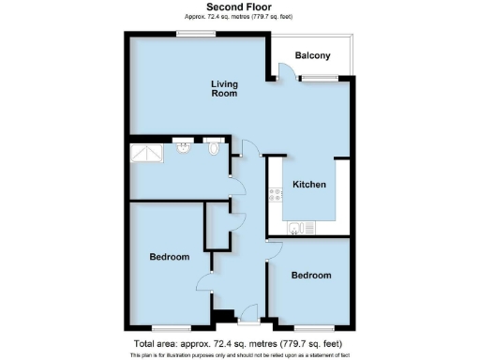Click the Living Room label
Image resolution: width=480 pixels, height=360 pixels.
coord(223,89)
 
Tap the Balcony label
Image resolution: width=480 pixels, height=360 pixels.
coord(312,56)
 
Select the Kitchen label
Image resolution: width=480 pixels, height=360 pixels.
coord(309,185)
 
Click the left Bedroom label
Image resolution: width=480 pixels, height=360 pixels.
coord(170,257)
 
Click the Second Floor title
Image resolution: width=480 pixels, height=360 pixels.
coord(239,7)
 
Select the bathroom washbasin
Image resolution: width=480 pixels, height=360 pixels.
coord(183,148)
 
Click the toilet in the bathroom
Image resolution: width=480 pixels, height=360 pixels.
coord(215,147)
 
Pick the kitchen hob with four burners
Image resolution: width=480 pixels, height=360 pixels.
coord(277,195)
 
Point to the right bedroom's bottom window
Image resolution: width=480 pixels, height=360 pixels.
coord(312,328)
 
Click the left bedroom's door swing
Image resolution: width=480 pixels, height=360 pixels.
coord(204,281)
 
